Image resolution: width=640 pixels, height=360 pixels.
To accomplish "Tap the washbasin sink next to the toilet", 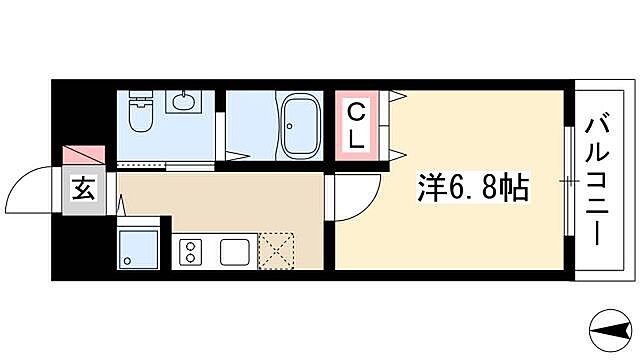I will pyautogui.click(x=182, y=103).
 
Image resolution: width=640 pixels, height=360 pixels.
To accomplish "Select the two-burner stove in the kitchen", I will pyautogui.click(x=189, y=251).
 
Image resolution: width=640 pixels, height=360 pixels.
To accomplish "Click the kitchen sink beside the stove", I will pyautogui.click(x=237, y=251).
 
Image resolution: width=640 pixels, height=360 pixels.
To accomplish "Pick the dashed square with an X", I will pyautogui.click(x=276, y=251).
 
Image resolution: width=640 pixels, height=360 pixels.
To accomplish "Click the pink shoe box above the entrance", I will pyautogui.click(x=85, y=156).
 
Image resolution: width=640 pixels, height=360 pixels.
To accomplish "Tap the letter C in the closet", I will pyautogui.click(x=354, y=111).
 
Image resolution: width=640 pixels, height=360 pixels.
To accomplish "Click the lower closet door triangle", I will pyautogui.click(x=398, y=153).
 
